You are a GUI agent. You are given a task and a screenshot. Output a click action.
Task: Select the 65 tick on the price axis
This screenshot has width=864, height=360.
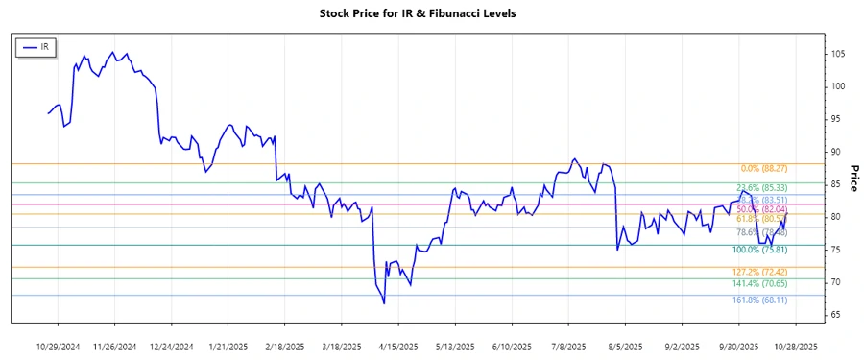pyautogui.click(x=838, y=315)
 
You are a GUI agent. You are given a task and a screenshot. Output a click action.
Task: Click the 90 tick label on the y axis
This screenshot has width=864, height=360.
pyautogui.click(x=838, y=152)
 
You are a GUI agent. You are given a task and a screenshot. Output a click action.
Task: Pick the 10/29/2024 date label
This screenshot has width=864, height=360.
pyautogui.click(x=57, y=346)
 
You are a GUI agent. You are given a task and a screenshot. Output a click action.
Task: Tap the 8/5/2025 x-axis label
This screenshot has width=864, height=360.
pyautogui.click(x=626, y=346)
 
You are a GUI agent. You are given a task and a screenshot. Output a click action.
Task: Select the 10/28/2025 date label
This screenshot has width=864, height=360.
pyautogui.click(x=796, y=346)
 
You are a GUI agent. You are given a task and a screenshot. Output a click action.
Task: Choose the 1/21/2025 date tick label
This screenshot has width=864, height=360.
pyautogui.click(x=228, y=346)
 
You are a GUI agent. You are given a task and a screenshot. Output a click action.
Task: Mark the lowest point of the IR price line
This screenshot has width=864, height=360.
pyautogui.click(x=384, y=303)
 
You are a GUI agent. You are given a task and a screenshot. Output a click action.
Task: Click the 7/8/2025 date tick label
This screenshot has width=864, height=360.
pyautogui.click(x=569, y=346)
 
